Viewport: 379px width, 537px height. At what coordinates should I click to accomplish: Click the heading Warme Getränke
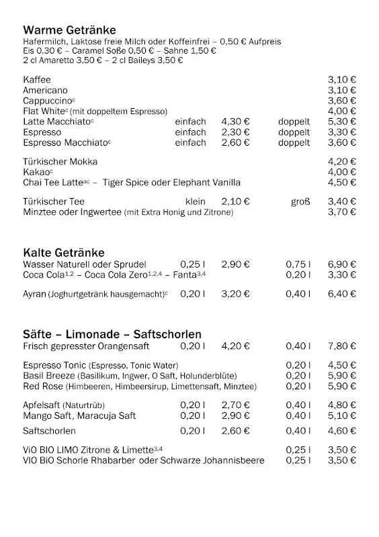coord(69,30)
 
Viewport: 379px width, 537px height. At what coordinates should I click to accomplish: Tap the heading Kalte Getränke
coord(63,252)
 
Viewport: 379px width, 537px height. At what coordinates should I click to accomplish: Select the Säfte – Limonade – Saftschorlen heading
coord(112,334)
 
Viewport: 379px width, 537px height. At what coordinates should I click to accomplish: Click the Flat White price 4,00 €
coord(342,111)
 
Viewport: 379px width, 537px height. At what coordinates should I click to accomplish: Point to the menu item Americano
coord(45,90)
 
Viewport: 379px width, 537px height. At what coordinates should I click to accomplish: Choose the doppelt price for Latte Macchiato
coord(342,121)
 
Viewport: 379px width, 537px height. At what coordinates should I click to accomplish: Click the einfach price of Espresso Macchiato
coord(235,142)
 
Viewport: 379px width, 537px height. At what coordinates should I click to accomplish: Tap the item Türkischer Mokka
coord(60,162)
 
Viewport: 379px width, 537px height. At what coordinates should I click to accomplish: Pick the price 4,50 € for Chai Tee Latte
coord(342,183)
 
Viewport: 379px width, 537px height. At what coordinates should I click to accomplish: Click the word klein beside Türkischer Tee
coord(196,201)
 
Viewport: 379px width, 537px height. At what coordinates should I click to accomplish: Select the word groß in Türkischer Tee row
coord(300,201)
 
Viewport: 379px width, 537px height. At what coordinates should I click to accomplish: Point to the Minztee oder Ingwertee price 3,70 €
coord(342,212)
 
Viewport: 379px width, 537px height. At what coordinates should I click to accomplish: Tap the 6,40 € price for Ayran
coord(342,293)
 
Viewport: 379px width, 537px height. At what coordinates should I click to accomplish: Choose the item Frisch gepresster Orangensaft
coord(86,346)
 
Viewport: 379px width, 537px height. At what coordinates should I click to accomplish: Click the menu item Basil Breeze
coord(49,375)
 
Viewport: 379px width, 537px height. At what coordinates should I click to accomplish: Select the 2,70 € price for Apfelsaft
coord(235,405)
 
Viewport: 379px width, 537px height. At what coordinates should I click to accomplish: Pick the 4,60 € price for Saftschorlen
coord(342,431)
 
